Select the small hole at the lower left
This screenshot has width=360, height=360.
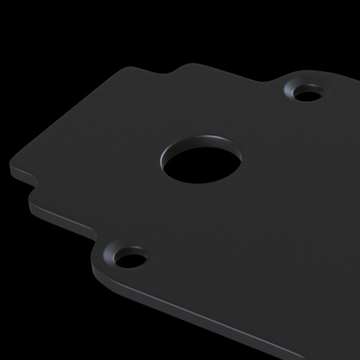pyautogui.click(x=128, y=259)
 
